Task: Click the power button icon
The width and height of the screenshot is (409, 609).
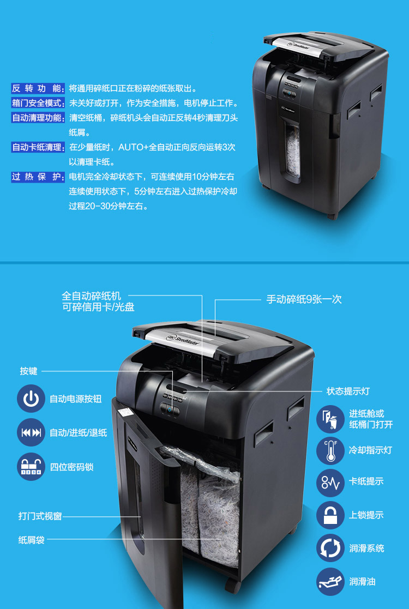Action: click(x=31, y=399)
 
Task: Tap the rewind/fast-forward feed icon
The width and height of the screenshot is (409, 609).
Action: click(x=31, y=432)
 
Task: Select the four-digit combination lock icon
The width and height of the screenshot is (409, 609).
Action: click(x=31, y=467)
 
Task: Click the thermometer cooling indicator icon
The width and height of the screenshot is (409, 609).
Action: click(x=330, y=450)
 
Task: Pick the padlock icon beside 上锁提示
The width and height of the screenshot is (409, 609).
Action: click(x=330, y=515)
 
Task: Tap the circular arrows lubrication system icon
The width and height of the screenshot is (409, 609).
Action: click(x=330, y=548)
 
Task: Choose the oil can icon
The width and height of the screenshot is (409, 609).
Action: click(x=330, y=581)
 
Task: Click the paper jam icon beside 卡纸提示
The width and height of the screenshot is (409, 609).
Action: click(x=330, y=483)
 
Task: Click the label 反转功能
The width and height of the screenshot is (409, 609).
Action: click(x=38, y=88)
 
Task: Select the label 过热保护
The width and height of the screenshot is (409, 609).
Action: click(x=38, y=177)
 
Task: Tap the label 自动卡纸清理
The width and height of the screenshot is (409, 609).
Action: click(x=38, y=147)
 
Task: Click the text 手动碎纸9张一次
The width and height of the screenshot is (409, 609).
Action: click(x=304, y=299)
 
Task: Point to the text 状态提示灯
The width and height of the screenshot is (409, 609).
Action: click(x=348, y=391)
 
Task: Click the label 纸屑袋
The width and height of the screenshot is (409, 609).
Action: click(x=32, y=540)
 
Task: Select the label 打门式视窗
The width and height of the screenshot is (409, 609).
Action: click(x=40, y=516)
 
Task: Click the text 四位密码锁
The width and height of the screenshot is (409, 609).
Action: click(x=72, y=467)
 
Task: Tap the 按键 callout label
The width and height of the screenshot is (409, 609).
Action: click(x=29, y=371)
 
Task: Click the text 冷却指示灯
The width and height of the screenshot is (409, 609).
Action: click(x=370, y=450)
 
